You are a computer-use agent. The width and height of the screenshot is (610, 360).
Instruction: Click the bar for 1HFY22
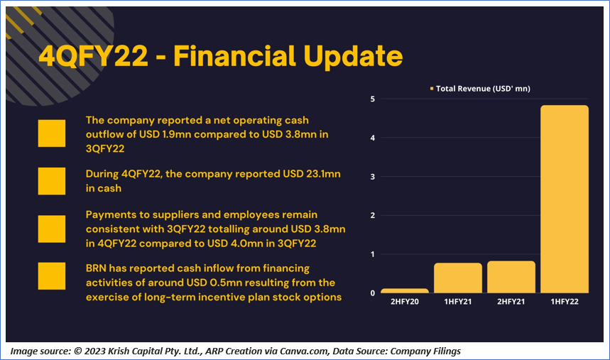click(565, 199)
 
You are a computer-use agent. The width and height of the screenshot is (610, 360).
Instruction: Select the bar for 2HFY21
click(511, 277)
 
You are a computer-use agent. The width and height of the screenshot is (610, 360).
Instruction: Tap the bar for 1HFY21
click(458, 278)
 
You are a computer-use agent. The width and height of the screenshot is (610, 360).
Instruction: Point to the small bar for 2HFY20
click(405, 290)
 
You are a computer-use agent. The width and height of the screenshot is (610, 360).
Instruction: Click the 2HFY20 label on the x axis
click(405, 302)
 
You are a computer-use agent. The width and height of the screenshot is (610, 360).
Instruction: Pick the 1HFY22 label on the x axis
click(565, 302)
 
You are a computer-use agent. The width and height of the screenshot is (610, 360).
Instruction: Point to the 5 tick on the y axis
click(373, 99)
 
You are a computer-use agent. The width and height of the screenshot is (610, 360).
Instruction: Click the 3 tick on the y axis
click(373, 177)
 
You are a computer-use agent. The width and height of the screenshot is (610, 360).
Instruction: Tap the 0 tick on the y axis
click(373, 293)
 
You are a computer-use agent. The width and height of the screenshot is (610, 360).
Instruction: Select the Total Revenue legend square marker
click(432, 89)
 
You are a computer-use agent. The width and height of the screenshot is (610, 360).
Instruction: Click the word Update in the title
click(353, 56)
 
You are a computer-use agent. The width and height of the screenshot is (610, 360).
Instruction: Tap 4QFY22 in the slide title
click(93, 55)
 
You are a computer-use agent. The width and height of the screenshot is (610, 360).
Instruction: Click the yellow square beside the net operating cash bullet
click(52, 133)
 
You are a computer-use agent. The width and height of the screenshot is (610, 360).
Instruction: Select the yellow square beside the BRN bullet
click(52, 276)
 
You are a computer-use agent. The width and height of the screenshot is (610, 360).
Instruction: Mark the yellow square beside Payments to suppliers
click(52, 229)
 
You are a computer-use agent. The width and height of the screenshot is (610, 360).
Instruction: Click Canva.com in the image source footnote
click(304, 351)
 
